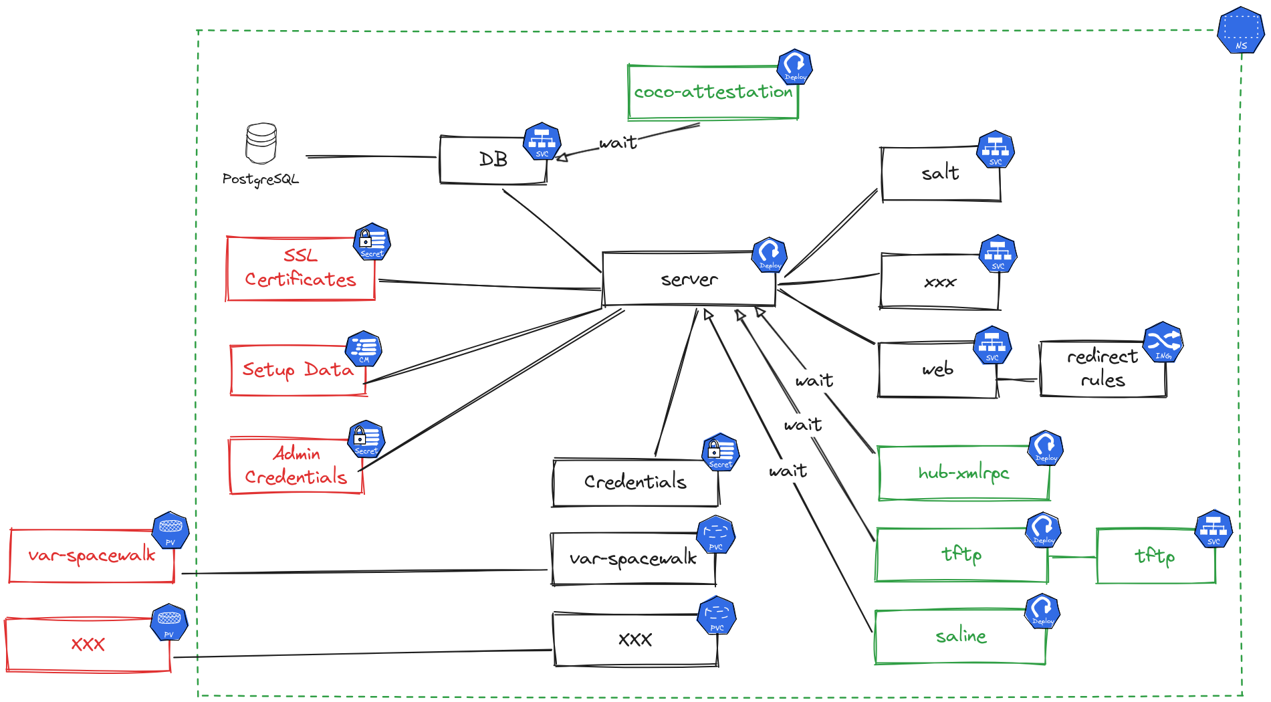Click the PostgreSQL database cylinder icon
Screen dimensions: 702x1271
(x=261, y=143)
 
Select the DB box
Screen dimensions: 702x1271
(x=493, y=160)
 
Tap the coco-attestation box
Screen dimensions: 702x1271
(x=713, y=92)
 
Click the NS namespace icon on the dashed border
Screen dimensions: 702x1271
(x=1240, y=30)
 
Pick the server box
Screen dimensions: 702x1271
(x=689, y=279)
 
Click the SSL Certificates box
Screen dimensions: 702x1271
(x=300, y=268)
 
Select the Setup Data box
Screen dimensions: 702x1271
(x=298, y=370)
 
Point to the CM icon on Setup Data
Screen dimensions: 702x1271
(x=364, y=348)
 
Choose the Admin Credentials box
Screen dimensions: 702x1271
(x=296, y=466)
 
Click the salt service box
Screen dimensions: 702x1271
(x=940, y=174)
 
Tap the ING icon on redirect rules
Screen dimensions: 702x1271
(x=1163, y=342)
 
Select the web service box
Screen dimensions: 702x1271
(x=937, y=370)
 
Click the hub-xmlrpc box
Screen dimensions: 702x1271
(x=963, y=473)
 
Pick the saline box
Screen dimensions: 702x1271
(x=960, y=636)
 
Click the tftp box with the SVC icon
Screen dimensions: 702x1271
(x=1155, y=556)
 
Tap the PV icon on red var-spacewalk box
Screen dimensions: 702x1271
(x=170, y=530)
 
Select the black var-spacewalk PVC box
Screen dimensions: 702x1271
(x=632, y=559)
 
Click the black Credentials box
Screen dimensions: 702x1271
(x=635, y=482)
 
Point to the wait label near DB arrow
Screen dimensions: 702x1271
(x=618, y=143)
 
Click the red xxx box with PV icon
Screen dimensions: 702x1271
(x=88, y=645)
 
